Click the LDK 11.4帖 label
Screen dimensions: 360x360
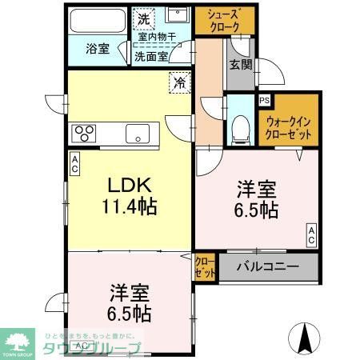click(128, 194)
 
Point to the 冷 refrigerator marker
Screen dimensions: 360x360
click(181, 82)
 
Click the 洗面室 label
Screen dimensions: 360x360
click(150, 56)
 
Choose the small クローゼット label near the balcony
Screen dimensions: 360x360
click(204, 266)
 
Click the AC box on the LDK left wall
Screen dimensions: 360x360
click(74, 164)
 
